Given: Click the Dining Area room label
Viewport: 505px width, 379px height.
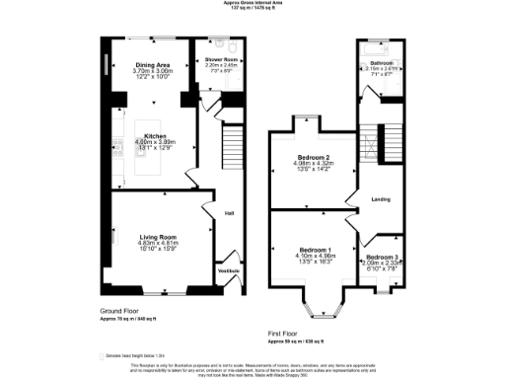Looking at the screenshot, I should click(153, 65).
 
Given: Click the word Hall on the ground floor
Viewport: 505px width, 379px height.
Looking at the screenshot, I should click(229, 213).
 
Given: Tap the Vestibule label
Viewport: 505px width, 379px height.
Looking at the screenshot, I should click(228, 269).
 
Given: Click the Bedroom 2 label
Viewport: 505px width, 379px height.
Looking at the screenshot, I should click(317, 157).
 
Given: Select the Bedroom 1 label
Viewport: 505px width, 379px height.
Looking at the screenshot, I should click(317, 251).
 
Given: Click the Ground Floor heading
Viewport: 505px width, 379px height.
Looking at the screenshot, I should click(119, 310).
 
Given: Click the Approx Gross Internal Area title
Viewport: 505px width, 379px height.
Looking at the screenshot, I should click(252, 3).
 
